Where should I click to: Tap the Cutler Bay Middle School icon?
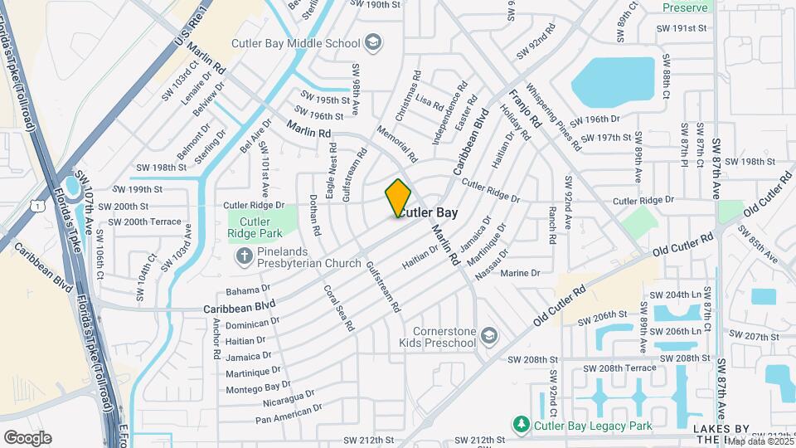click(x=373, y=42)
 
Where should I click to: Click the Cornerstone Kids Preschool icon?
click(x=489, y=335)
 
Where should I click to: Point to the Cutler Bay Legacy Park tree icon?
click(x=522, y=426)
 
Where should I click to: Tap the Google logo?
click(x=27, y=437)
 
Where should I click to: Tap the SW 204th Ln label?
click(x=674, y=295)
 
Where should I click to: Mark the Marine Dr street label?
click(x=520, y=273)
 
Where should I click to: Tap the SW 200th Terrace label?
click(x=139, y=222)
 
